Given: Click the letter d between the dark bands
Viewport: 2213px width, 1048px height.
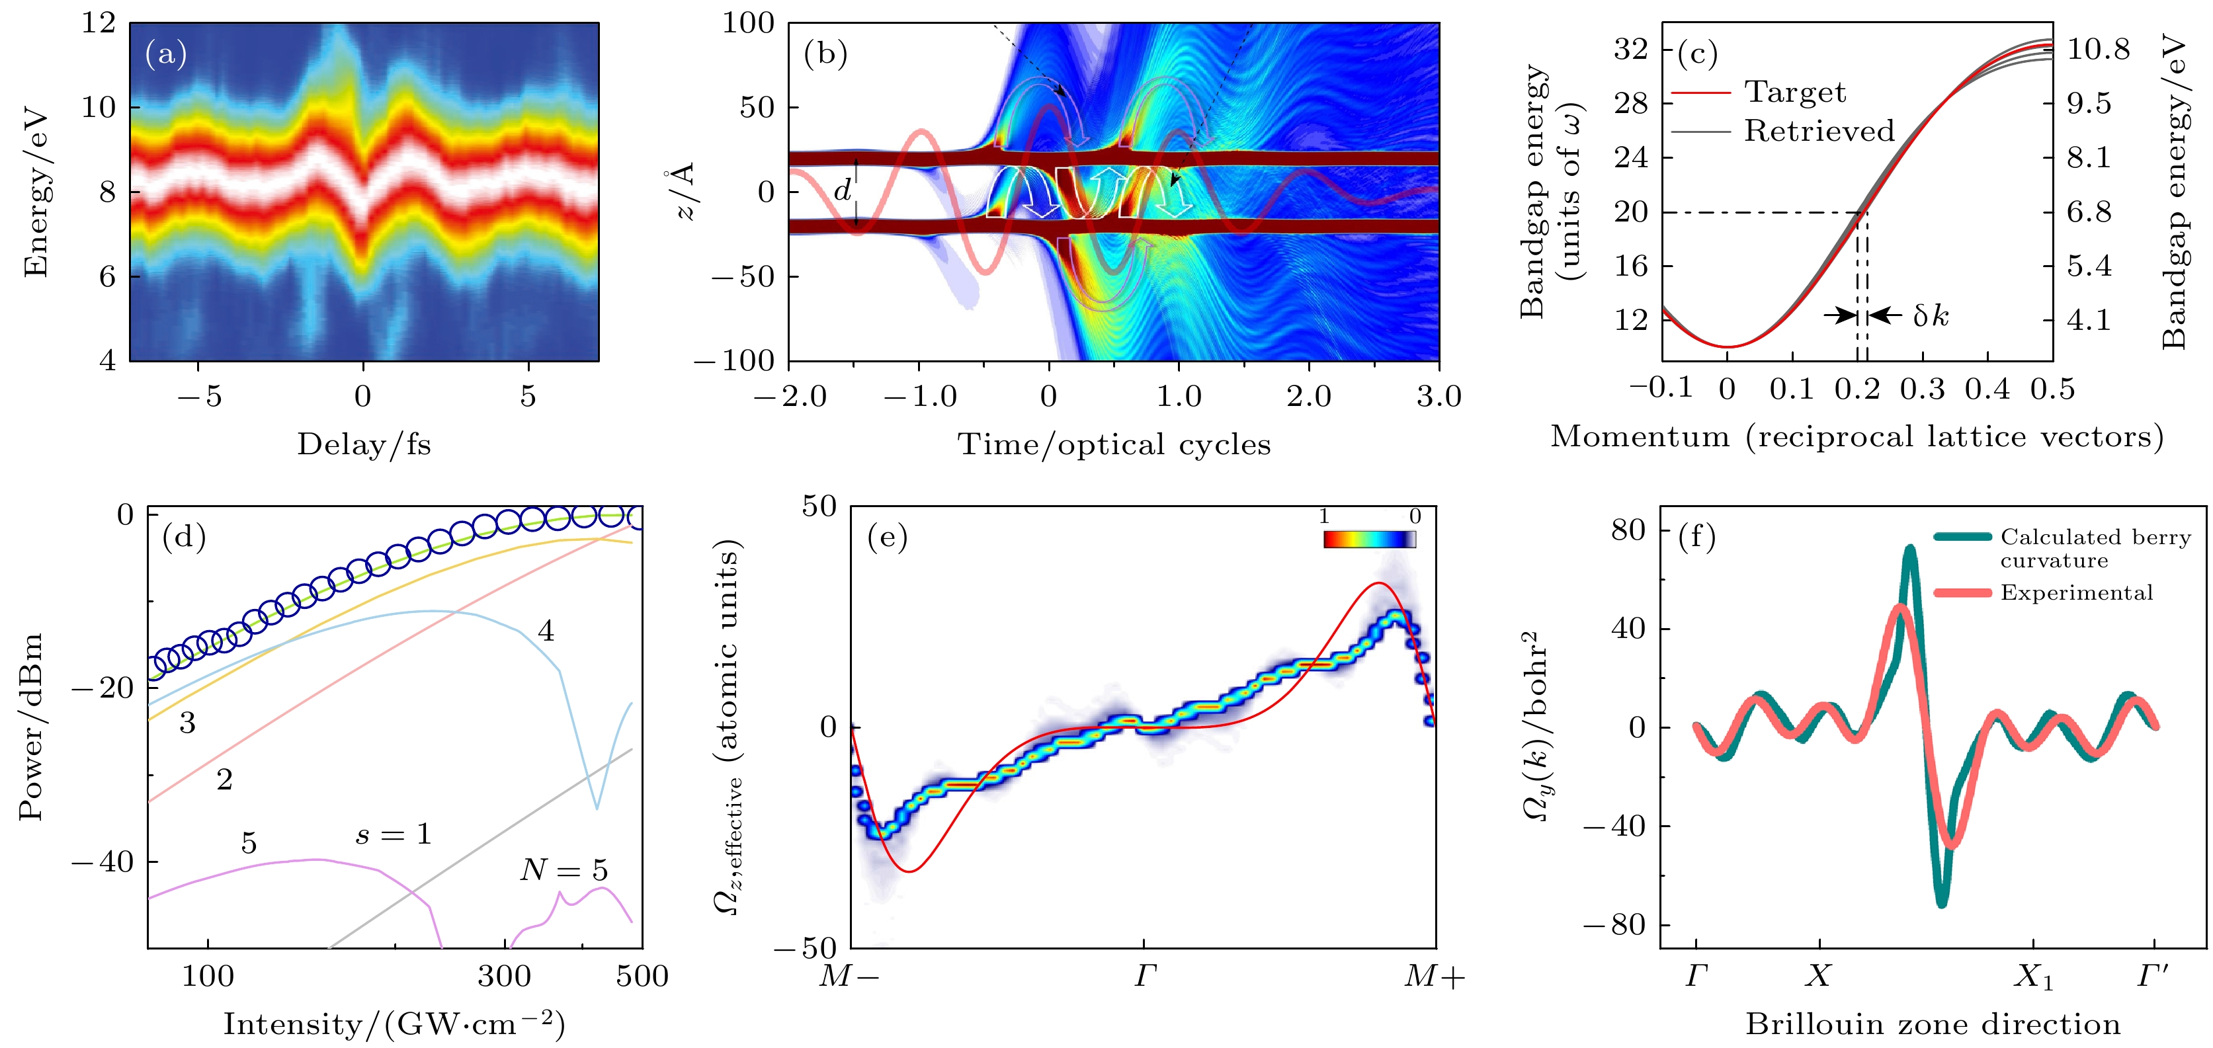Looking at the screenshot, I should tap(843, 190).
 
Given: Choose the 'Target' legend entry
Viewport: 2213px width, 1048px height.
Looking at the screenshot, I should tap(1794, 92).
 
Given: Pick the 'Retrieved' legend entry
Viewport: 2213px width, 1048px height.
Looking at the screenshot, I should tap(1817, 130).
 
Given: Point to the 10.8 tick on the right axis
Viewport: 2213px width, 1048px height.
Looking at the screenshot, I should tap(2098, 49).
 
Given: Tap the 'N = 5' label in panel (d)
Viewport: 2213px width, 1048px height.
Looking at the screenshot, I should tap(564, 870).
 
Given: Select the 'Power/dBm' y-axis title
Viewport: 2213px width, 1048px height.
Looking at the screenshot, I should tap(31, 727).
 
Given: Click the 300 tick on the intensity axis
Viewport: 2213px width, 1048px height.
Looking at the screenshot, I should tap(504, 976).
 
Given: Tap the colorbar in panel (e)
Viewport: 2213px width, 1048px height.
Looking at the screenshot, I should tap(1369, 540).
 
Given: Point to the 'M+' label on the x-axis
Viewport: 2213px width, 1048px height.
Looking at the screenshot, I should tap(1434, 977).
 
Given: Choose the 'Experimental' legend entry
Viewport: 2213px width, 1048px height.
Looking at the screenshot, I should tap(2075, 592).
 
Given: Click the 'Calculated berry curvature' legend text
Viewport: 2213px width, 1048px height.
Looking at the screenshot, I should tap(2095, 548).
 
